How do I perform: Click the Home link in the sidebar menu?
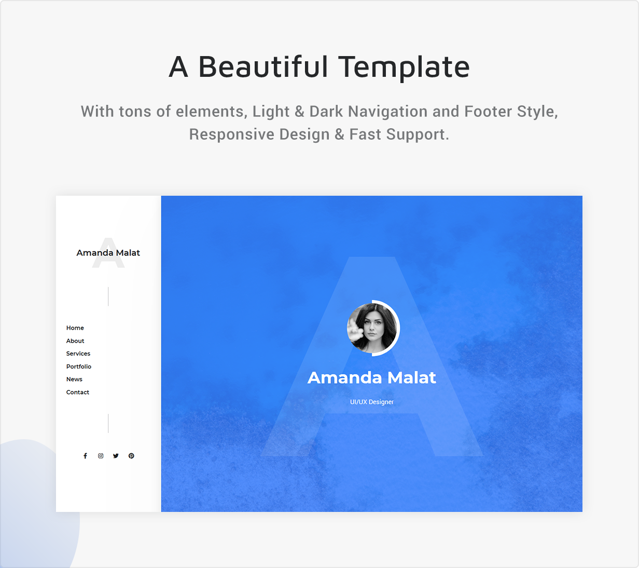coord(75,328)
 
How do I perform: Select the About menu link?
coord(75,341)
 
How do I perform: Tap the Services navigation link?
coord(78,354)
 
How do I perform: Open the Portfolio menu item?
coord(78,367)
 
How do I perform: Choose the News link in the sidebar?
coord(74,379)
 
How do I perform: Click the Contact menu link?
coord(78,392)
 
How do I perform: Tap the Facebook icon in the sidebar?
coord(85,456)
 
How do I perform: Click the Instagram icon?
coord(101,456)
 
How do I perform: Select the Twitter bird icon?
coord(116,456)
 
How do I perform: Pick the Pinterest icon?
coord(131,456)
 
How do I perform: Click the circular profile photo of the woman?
coord(372,328)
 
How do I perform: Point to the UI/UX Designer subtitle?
coord(372,402)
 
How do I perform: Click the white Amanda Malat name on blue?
coord(372,377)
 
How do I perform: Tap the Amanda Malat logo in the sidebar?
coord(108,252)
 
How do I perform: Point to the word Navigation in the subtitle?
coord(387,112)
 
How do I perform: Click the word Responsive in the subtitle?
coord(232,134)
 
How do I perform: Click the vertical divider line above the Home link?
coord(108,296)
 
